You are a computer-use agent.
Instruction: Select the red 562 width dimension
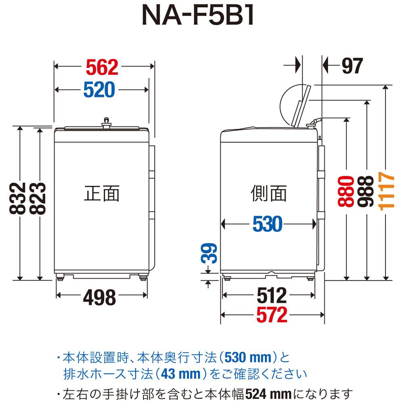tap(102, 67)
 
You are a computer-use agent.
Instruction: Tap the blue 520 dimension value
tap(99, 90)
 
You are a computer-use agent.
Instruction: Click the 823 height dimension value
tap(38, 198)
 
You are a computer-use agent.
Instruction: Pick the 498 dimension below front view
tap(99, 298)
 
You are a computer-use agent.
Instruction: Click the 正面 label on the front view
tap(102, 193)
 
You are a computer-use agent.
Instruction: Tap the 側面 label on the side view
tap(269, 193)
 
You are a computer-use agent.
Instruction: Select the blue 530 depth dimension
tap(267, 224)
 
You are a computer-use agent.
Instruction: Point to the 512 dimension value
tap(271, 296)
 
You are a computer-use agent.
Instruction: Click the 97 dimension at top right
tap(352, 66)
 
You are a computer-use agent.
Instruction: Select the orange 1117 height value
tap(387, 190)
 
